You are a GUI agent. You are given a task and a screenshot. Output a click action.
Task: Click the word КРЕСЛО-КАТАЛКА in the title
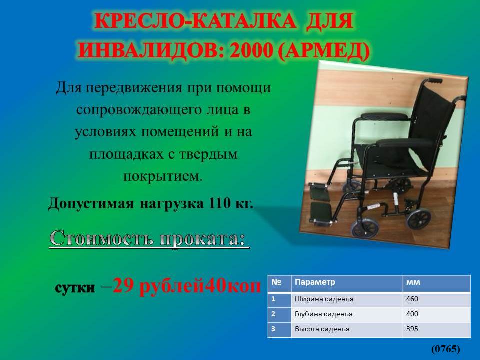click(195, 21)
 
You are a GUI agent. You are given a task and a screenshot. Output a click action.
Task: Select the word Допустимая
click(91, 203)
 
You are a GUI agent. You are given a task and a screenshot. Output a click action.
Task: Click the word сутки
click(75, 288)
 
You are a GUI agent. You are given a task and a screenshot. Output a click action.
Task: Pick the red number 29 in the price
click(123, 287)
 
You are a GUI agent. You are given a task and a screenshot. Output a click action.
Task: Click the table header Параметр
click(315, 282)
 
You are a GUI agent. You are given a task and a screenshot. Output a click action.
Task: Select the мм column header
click(413, 282)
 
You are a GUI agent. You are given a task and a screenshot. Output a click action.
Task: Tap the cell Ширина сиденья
click(324, 299)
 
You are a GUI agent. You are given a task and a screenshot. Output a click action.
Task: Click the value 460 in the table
click(412, 299)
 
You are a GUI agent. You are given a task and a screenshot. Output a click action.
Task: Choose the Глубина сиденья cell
click(323, 314)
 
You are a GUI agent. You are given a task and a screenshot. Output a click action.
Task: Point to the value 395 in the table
click(412, 329)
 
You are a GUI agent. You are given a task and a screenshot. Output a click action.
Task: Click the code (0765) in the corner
click(445, 349)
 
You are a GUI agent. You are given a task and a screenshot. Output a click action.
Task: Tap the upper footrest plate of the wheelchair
click(320, 192)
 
